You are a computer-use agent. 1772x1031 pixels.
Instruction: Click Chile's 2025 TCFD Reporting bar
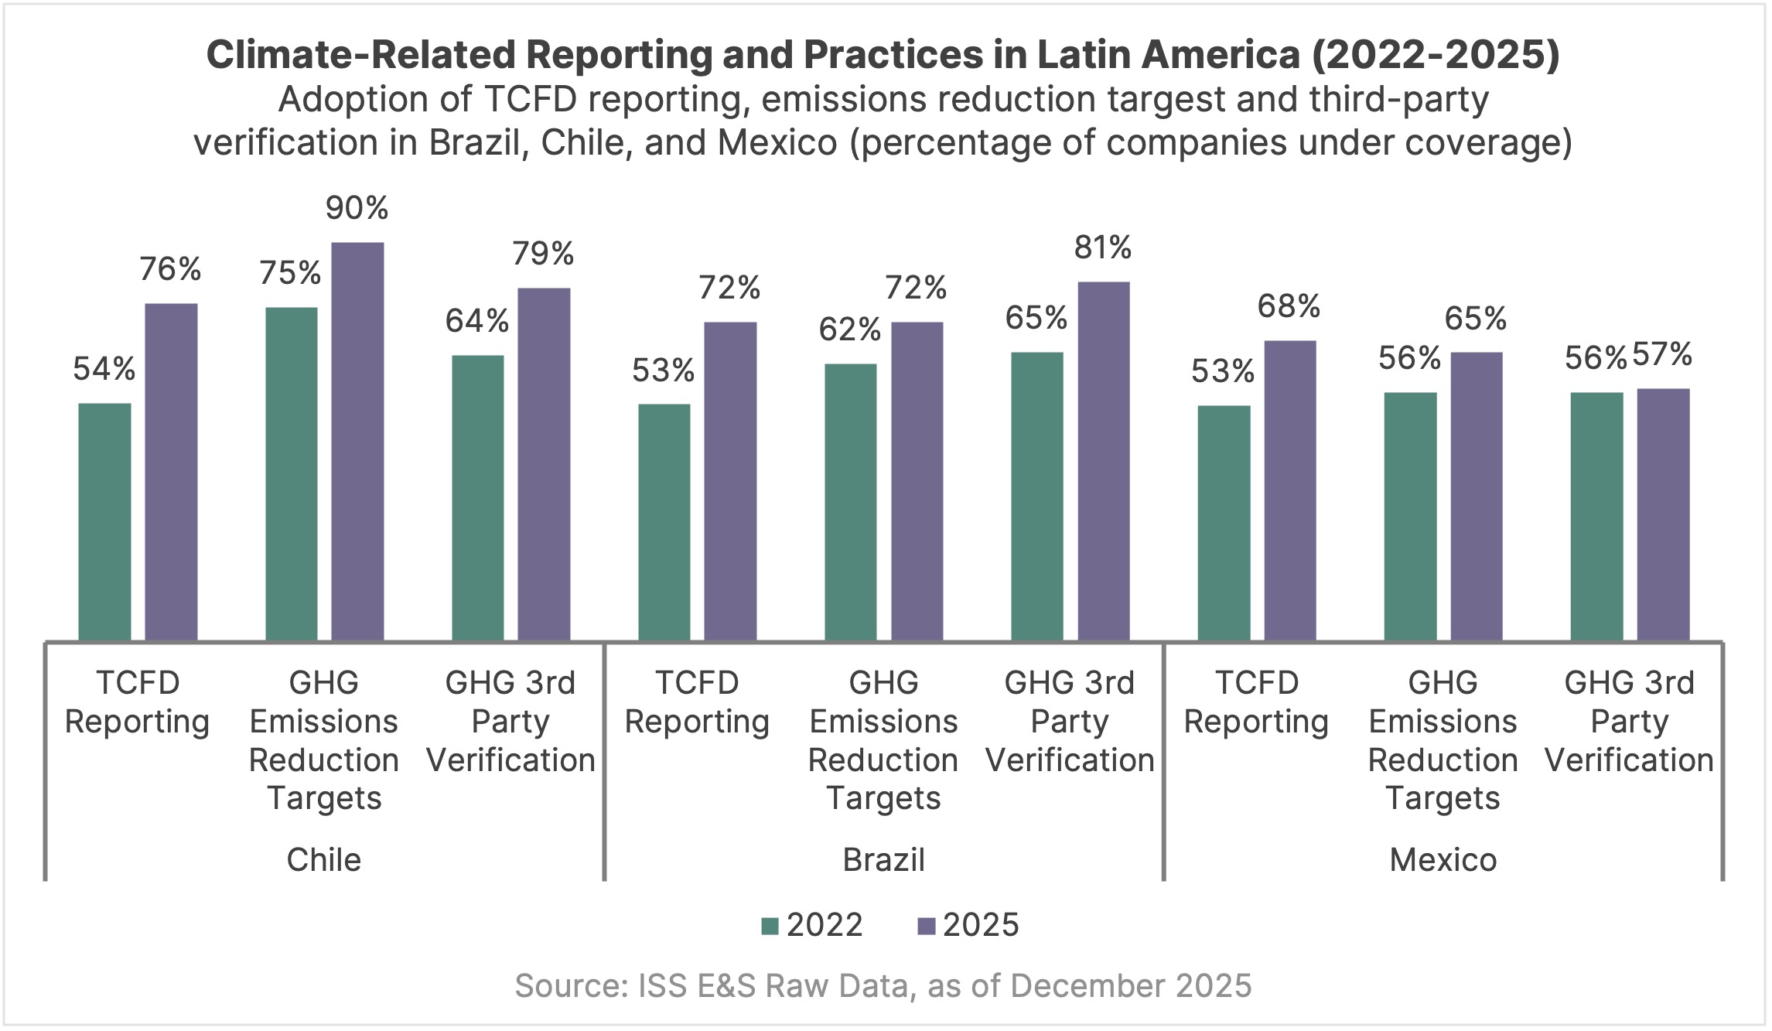171,472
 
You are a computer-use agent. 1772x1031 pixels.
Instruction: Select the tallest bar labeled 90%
357,441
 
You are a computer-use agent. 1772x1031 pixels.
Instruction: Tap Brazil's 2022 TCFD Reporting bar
664,522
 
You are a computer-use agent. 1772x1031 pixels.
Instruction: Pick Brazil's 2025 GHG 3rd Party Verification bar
1103,461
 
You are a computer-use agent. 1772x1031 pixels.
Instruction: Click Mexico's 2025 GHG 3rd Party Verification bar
1663,514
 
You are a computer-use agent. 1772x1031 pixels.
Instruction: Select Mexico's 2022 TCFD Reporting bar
1224,523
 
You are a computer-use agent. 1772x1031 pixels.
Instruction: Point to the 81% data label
1103,248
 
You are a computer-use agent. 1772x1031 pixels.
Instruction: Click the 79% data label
544,254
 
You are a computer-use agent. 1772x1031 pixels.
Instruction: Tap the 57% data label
1662,355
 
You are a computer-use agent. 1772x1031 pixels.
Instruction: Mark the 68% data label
1289,307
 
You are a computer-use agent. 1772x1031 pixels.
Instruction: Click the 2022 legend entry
812,925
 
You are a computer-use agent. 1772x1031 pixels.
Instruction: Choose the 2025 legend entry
968,925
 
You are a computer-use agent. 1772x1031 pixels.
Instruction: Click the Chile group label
323,860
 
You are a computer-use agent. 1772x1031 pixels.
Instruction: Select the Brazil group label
883,860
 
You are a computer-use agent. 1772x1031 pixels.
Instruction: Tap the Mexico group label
1443,860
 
